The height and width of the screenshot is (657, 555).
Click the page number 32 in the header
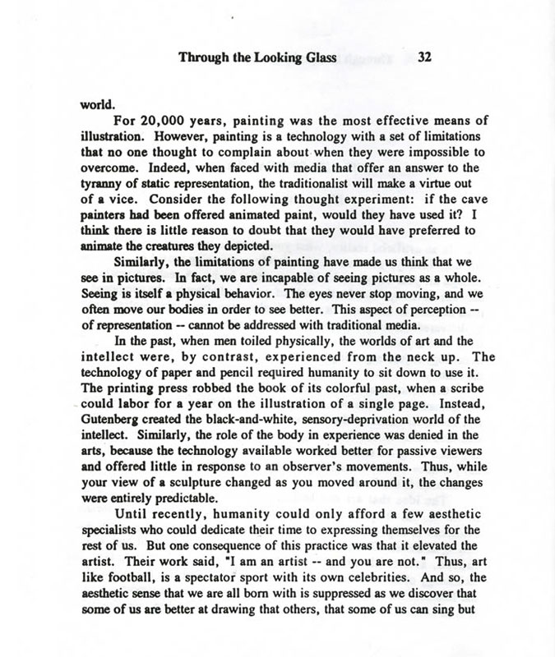coord(425,57)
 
